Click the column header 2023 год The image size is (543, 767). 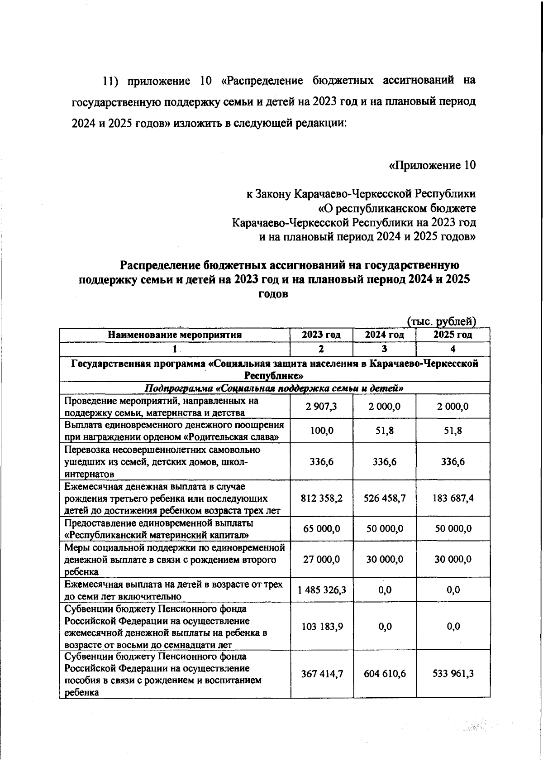coord(321,335)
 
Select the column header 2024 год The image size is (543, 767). coord(384,335)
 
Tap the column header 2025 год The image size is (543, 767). coord(452,335)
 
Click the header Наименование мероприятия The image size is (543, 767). coord(175,335)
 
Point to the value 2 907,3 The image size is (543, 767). coord(321,407)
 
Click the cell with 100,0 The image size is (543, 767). coord(321,431)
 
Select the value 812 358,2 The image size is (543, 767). coord(321,498)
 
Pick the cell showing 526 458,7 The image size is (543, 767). coord(384,498)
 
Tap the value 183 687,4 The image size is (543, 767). coord(453,498)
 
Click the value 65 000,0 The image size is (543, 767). coord(321,529)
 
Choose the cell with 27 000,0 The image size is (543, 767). coord(321,559)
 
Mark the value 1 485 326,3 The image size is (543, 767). coord(321,590)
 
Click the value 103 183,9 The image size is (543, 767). coord(321,626)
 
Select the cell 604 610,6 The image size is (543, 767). coord(384,674)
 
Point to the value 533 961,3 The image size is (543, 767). coord(453,674)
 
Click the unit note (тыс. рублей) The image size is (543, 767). coord(442,321)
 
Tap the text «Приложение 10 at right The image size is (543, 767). coord(432,166)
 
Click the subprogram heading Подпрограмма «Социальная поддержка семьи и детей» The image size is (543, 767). coord(273,388)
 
